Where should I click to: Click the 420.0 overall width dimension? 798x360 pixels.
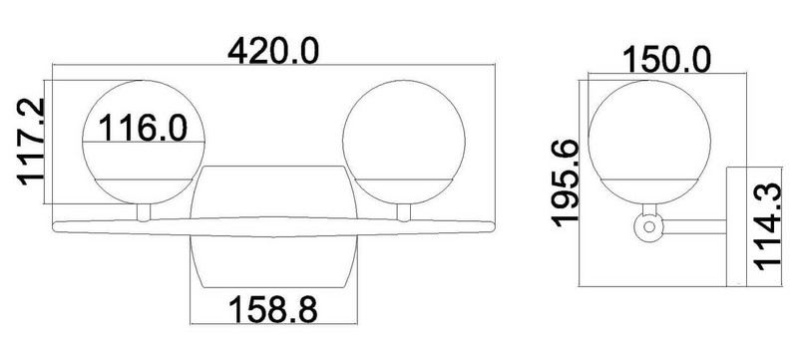point(273,51)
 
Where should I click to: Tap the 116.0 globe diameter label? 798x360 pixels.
point(143,128)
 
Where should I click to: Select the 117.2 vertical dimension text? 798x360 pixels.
point(32,142)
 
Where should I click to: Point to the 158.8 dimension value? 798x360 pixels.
point(273,310)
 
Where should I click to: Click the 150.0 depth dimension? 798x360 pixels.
point(666,60)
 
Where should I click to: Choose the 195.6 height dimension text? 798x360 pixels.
point(566,183)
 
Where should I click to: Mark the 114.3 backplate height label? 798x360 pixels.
point(767,227)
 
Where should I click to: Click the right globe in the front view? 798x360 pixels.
point(404,142)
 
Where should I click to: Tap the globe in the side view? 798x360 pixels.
point(649,142)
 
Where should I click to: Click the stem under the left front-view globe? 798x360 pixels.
point(144,212)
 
